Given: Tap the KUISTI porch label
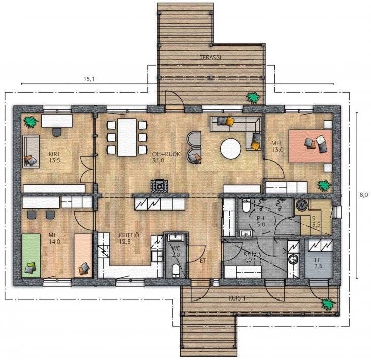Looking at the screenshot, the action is [x=237, y=298].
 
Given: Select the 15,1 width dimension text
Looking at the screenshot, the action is [x=89, y=79].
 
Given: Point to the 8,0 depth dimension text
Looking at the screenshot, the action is [x=364, y=195].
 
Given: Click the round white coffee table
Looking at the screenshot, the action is [x=231, y=149].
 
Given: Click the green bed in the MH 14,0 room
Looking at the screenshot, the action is [x=31, y=255].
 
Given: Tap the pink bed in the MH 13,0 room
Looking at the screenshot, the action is [x=310, y=146].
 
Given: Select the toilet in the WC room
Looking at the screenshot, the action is [x=175, y=271].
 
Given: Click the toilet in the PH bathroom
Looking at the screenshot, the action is [x=246, y=206].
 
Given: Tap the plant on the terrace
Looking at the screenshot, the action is [x=254, y=98].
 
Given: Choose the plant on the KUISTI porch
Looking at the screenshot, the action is [x=328, y=304].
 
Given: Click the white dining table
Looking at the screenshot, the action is [x=127, y=137].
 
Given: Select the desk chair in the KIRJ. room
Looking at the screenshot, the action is [x=57, y=132].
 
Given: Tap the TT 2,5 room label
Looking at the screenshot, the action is [x=318, y=263].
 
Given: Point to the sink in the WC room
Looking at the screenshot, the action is [x=175, y=237].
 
